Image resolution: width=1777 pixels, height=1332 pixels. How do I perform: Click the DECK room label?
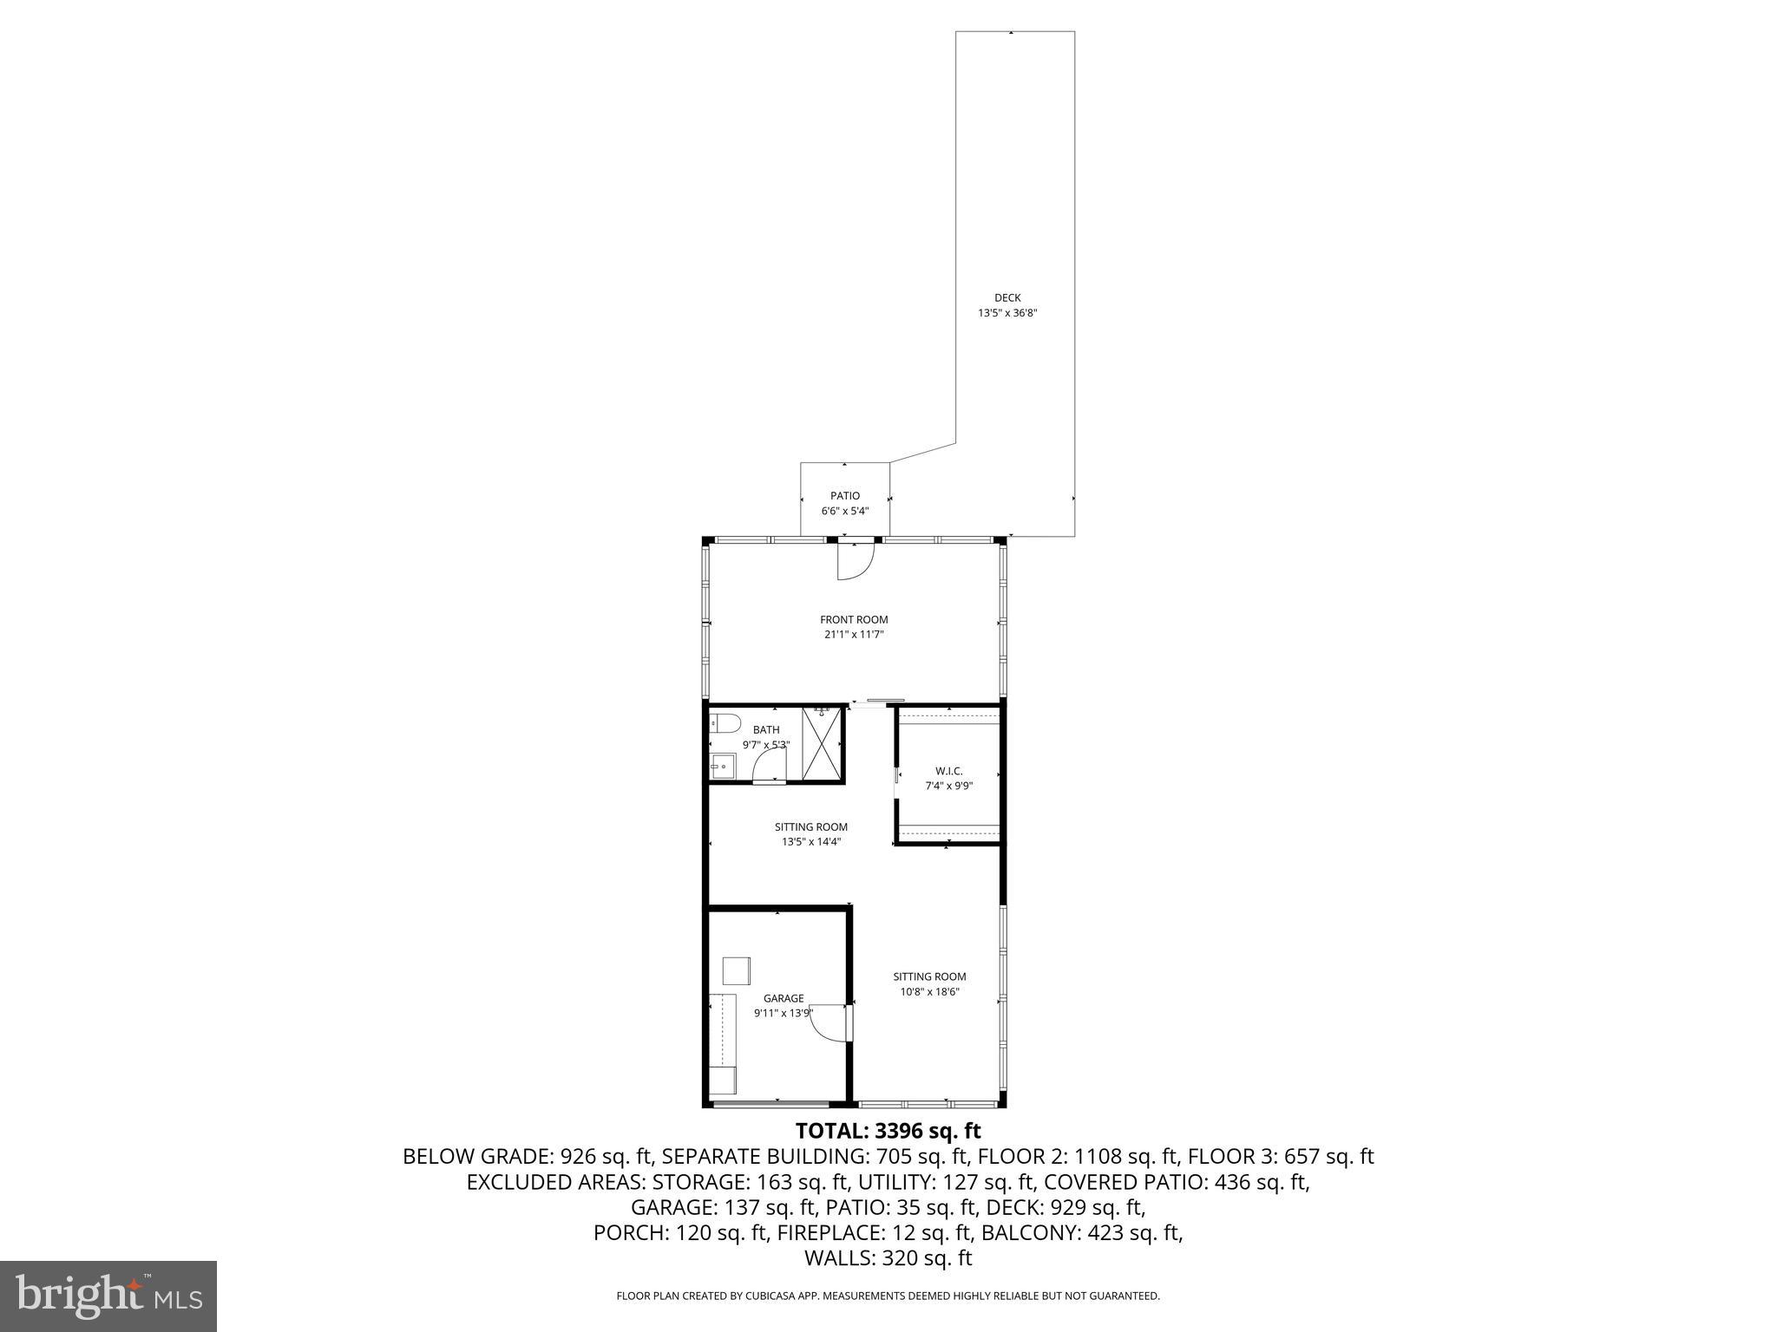[1007, 298]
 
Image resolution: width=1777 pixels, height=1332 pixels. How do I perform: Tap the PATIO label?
[844, 496]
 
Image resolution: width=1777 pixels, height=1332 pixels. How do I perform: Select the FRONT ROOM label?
[854, 620]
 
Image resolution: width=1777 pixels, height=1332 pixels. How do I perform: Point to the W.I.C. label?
[948, 771]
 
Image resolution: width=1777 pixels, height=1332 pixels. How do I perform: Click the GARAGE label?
[784, 998]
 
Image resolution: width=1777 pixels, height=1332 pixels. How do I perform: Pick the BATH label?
[766, 730]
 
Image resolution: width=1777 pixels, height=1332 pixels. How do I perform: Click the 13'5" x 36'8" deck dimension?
[1007, 313]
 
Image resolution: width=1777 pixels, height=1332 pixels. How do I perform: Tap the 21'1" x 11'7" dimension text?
[854, 635]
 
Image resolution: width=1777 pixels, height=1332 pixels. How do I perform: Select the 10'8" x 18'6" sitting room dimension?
[929, 992]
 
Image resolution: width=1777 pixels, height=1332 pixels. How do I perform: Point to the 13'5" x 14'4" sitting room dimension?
[811, 841]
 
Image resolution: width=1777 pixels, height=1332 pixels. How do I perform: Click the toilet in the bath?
[723, 724]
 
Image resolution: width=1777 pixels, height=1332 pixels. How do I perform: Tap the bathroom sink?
[721, 767]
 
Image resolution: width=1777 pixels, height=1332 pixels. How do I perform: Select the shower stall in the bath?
[822, 744]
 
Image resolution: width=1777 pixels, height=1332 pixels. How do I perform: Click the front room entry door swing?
[854, 561]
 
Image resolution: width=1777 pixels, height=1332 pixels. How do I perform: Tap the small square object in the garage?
[736, 970]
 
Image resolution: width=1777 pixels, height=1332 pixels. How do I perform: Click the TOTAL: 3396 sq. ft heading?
[888, 1131]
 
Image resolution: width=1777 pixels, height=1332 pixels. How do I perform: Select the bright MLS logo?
[108, 1296]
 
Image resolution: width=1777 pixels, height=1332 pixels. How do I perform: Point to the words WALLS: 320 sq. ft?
[888, 1258]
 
